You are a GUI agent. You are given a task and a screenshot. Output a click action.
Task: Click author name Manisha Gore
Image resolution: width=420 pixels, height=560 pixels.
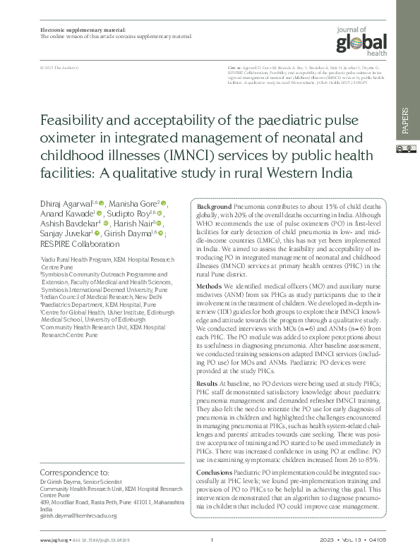tap(131, 202)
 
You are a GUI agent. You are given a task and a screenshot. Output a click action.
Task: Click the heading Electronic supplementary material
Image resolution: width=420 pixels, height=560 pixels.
tap(83, 30)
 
